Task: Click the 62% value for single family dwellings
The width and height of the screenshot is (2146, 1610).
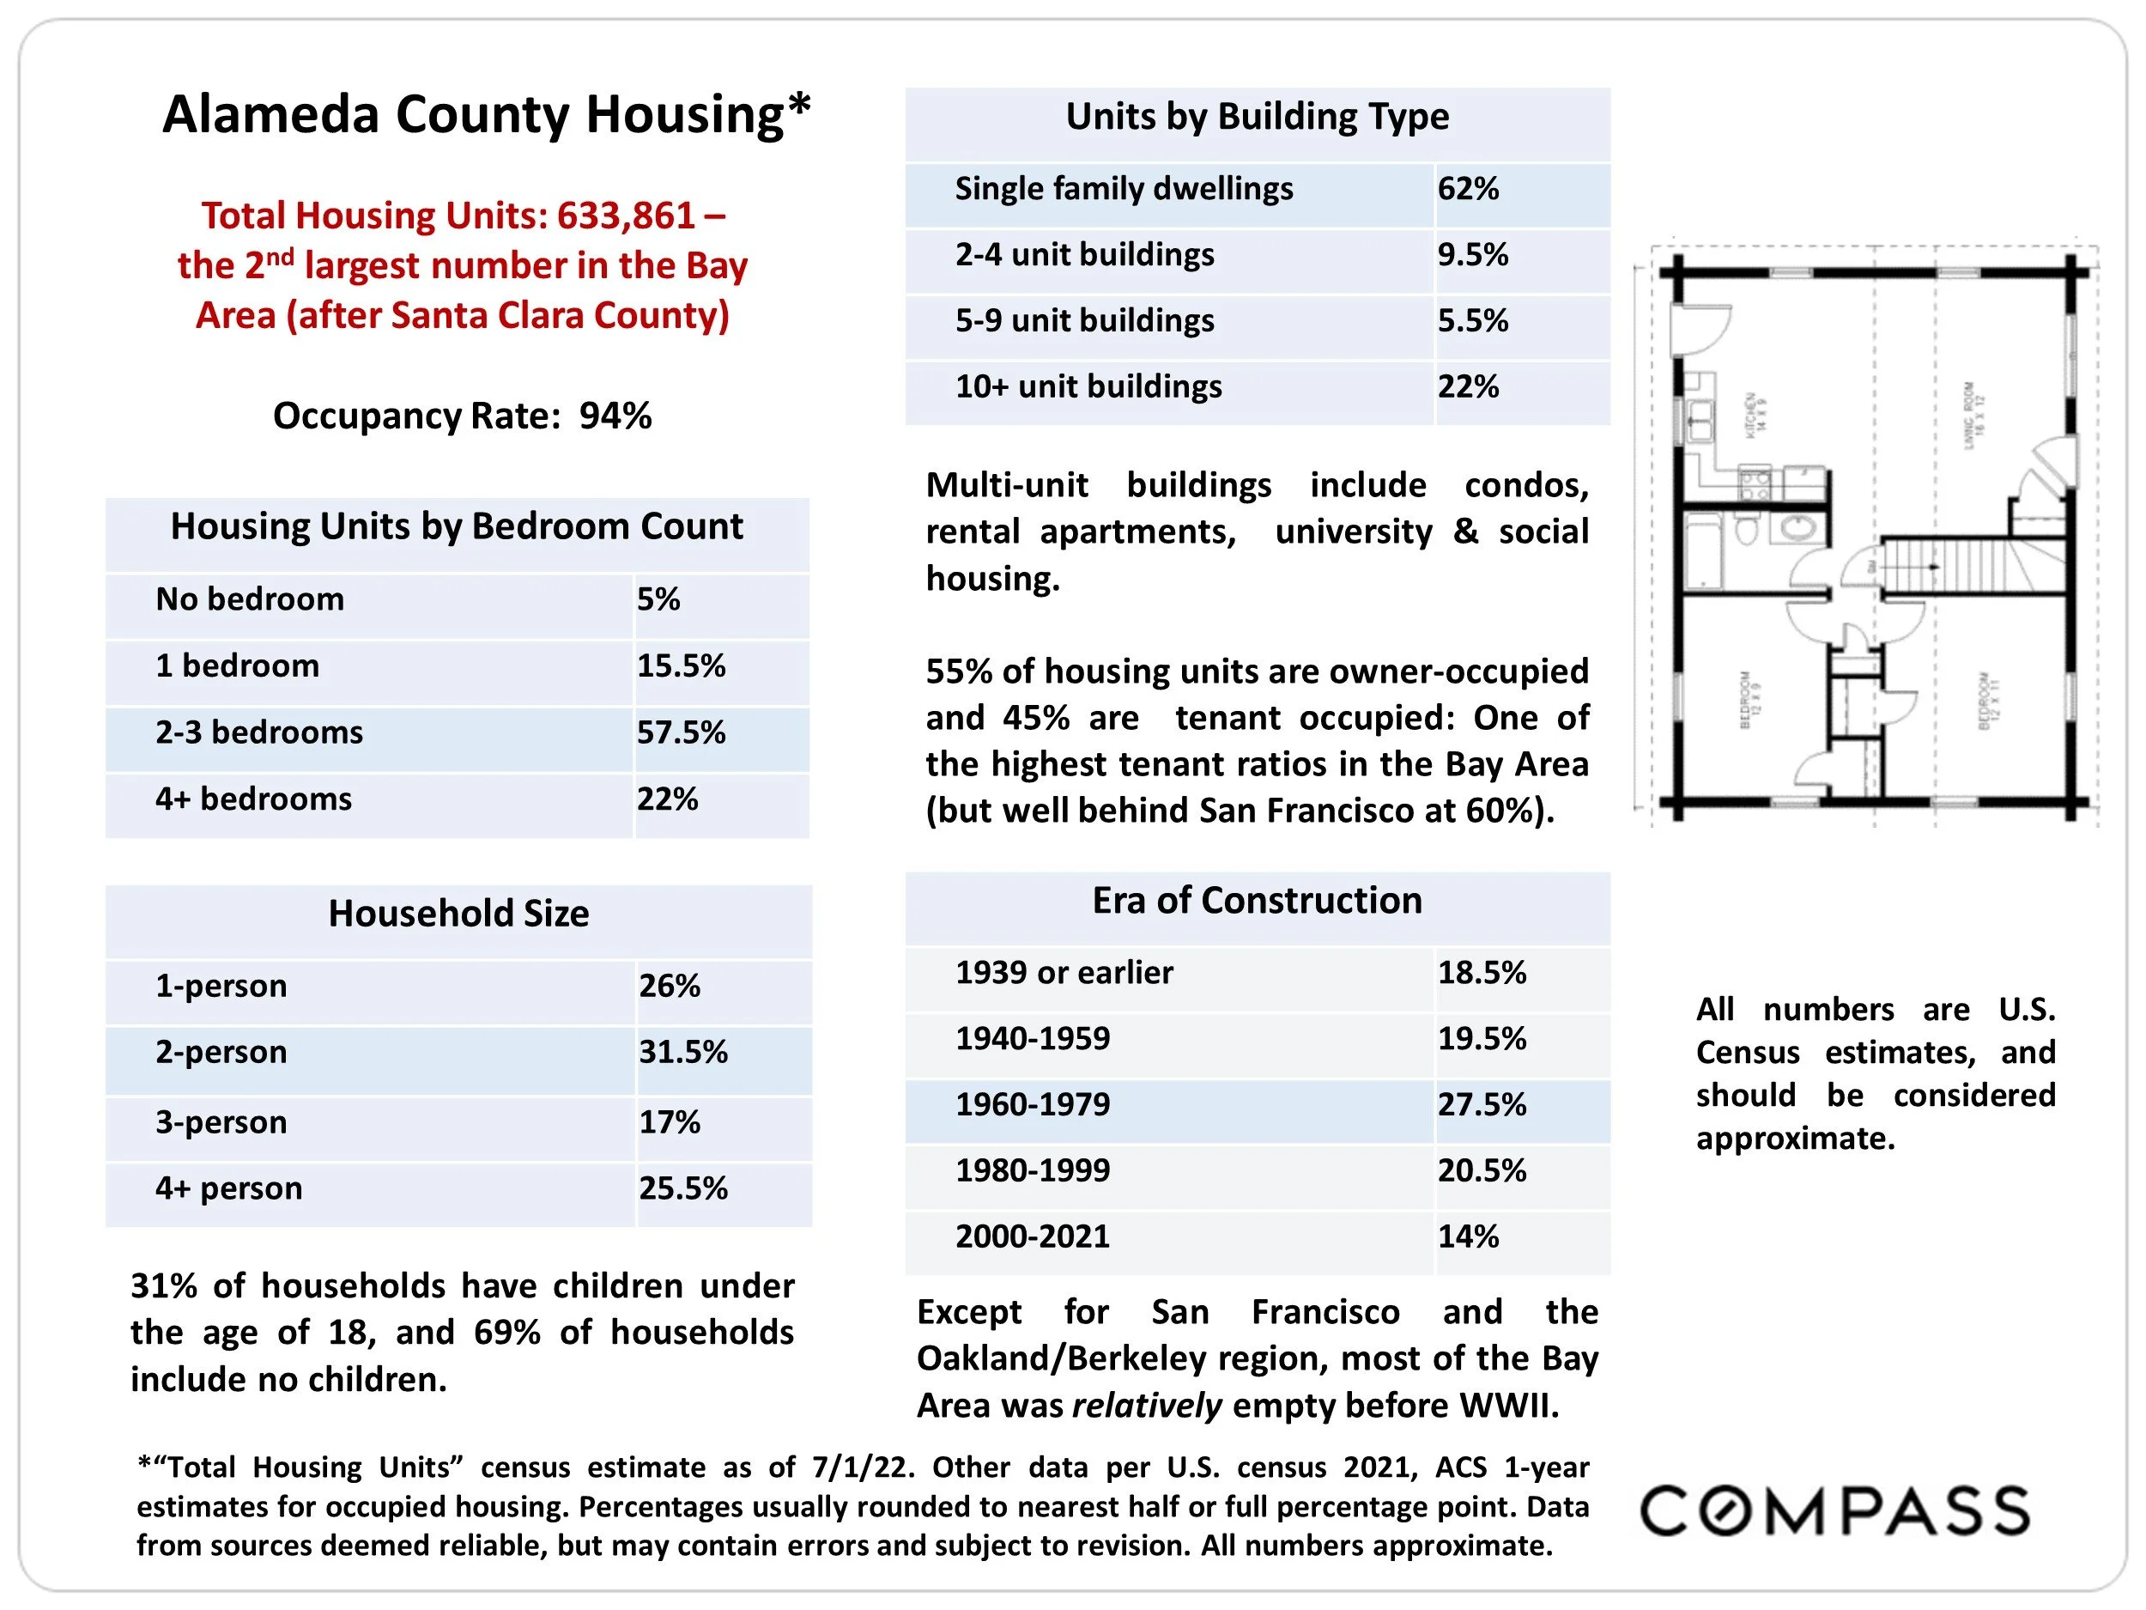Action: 1467,188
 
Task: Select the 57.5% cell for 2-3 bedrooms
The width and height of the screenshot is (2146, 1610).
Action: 680,732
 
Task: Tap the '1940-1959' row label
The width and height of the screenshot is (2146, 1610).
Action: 1033,1038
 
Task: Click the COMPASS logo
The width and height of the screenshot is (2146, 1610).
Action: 1834,1510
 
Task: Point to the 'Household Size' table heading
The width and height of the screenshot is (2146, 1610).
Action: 458,914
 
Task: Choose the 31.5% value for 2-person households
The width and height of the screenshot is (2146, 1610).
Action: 682,1052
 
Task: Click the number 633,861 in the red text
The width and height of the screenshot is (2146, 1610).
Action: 626,216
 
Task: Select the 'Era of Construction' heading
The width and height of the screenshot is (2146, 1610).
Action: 1257,901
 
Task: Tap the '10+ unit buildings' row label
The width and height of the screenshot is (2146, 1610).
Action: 1088,386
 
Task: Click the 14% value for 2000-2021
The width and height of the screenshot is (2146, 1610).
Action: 1467,1236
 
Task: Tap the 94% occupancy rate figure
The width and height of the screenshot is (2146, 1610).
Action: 615,416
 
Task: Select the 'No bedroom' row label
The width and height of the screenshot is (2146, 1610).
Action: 249,598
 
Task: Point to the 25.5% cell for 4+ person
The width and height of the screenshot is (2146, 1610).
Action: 682,1188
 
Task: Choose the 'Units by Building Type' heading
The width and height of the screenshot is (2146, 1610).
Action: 1257,117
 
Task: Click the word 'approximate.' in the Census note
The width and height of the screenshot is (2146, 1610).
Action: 1795,1139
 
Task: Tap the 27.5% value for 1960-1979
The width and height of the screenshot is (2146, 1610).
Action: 1481,1104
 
